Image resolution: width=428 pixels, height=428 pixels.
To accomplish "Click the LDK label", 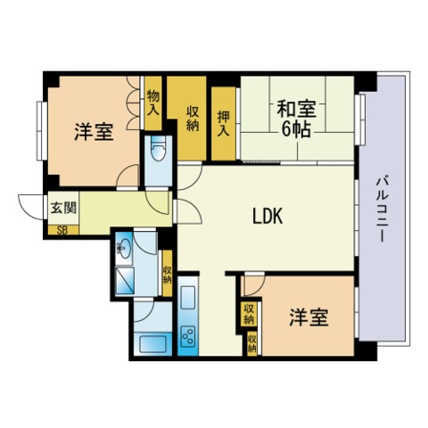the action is pyautogui.click(x=267, y=216).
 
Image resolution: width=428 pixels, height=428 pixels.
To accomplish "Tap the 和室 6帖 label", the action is pyautogui.click(x=297, y=119).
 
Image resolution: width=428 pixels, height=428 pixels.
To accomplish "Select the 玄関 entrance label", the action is pyautogui.click(x=63, y=208).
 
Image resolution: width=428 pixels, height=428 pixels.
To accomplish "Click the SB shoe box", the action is pyautogui.click(x=63, y=230).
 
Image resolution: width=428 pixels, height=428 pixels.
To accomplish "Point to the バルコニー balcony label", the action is pyautogui.click(x=381, y=210).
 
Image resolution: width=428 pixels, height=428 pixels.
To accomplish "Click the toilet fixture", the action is pyautogui.click(x=159, y=148).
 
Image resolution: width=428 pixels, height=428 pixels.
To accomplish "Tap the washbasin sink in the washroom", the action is pyautogui.click(x=123, y=247).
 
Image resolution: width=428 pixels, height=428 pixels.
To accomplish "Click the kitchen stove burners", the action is pyautogui.click(x=188, y=336).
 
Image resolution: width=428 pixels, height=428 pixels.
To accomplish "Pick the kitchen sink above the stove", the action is pyautogui.click(x=188, y=298).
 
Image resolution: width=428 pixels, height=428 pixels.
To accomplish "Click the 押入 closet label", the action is pyautogui.click(x=223, y=123).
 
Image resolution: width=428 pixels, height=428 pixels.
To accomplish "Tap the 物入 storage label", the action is pyautogui.click(x=153, y=103).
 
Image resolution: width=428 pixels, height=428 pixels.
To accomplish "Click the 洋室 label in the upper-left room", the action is pyautogui.click(x=94, y=132).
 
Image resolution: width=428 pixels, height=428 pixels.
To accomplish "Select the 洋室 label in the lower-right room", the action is pyautogui.click(x=309, y=317).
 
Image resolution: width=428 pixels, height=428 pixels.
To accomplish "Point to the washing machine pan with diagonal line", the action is pyautogui.click(x=125, y=280).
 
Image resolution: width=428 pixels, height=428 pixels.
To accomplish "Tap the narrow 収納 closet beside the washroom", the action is pyautogui.click(x=168, y=273).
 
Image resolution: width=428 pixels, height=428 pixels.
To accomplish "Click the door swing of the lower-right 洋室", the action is pyautogui.click(x=253, y=286).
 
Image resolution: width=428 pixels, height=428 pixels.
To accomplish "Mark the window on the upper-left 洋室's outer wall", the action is pyautogui.click(x=41, y=131).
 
